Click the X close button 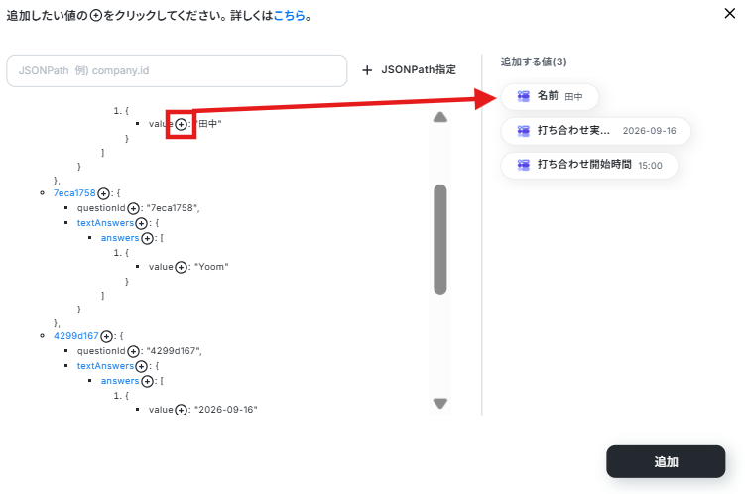pos(730,13)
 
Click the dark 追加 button pos(666,461)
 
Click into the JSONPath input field pos(177,70)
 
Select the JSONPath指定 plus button pos(409,70)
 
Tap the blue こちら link pos(289,16)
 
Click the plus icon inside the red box pos(181,124)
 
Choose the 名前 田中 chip pos(550,96)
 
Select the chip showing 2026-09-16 pos(596,131)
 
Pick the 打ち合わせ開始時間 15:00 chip pos(589,165)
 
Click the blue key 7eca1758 pos(74,193)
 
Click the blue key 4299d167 pos(76,336)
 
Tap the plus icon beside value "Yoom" pos(181,268)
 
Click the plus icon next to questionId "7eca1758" pos(134,208)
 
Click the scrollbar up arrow pos(440,117)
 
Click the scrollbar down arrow pos(440,404)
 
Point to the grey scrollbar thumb pos(440,239)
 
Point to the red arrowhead pos(486,99)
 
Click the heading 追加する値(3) pos(534,62)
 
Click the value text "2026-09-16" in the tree pos(226,410)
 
